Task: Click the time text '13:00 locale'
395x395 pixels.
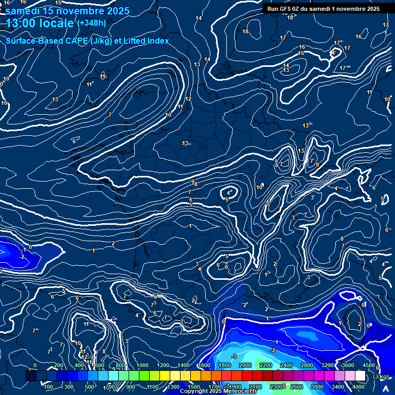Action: tap(39, 23)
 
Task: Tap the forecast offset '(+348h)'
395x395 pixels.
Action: tap(92, 23)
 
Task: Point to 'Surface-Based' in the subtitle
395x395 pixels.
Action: tap(30, 41)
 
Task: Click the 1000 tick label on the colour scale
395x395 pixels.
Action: tap(142, 365)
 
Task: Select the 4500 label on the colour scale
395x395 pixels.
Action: tap(368, 365)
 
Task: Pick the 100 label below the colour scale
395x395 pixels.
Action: tap(48, 387)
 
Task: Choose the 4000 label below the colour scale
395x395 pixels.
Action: tap(358, 387)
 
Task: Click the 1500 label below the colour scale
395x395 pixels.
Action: tap(193, 387)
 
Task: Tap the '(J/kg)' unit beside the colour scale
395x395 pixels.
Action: tap(380, 376)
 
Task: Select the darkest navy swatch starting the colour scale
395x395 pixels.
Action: tap(31, 376)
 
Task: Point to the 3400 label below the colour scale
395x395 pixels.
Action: tap(338, 387)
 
